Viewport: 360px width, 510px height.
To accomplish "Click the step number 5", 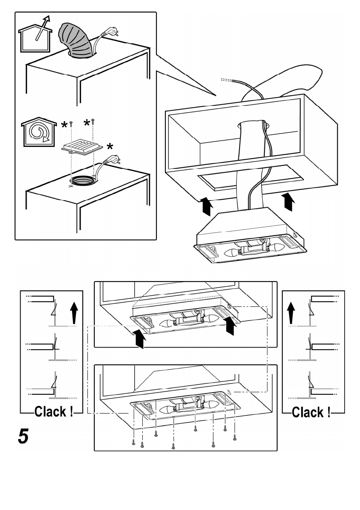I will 23,436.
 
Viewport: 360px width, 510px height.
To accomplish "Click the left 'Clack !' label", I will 54,412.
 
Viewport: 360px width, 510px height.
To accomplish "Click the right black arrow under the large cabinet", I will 289,201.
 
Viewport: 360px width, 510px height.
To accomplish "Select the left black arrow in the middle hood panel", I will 138,340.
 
